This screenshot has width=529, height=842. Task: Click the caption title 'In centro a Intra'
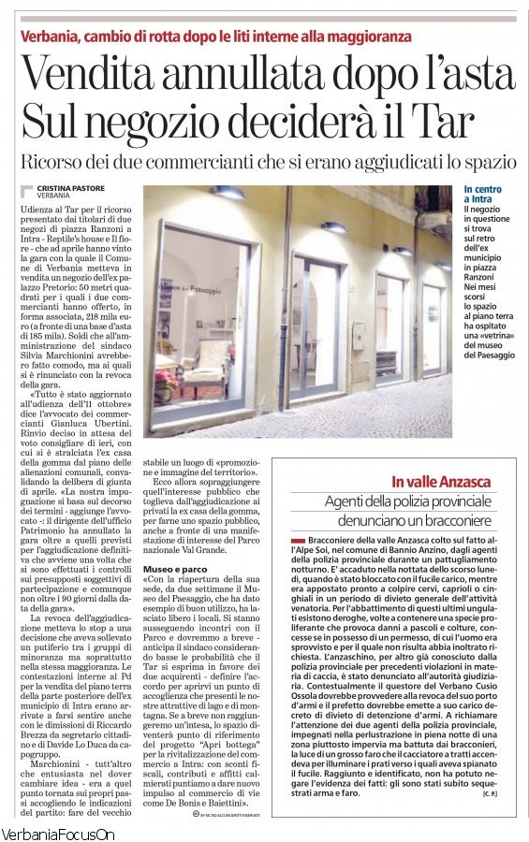(482, 195)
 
